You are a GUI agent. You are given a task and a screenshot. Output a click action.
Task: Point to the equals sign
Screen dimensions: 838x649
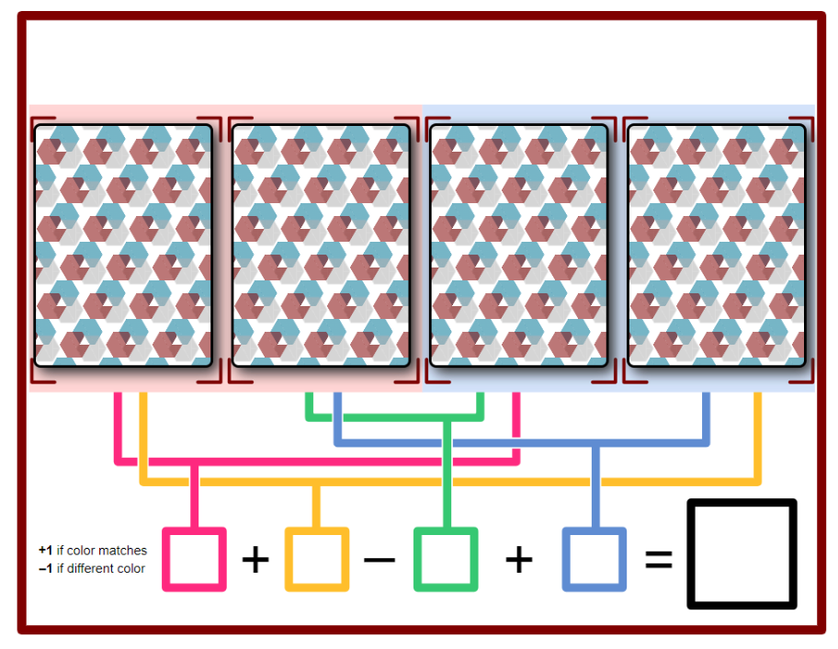[x=659, y=560]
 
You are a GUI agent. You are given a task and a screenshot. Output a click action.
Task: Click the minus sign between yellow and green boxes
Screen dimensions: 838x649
[x=379, y=560]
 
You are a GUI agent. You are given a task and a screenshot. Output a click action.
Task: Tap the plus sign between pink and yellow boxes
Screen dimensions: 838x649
[x=255, y=560]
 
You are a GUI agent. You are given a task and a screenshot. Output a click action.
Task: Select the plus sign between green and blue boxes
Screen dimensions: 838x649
[x=519, y=560]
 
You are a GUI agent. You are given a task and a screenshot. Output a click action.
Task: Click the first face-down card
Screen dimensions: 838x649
[x=123, y=245]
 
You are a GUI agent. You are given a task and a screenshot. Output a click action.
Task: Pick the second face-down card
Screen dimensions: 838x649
[x=322, y=245]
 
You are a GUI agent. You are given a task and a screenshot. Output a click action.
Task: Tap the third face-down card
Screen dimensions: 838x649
[x=519, y=245]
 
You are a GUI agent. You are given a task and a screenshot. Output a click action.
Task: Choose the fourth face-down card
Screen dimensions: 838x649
[x=717, y=245]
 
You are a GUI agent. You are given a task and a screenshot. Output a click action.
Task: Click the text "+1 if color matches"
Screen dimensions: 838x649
[x=93, y=550]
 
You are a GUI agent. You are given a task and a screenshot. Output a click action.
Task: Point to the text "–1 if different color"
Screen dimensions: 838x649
[x=92, y=568]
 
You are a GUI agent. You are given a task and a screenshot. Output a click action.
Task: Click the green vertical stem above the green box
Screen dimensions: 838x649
[x=447, y=474]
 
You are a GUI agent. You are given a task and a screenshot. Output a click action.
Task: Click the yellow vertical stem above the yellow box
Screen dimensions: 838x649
[x=316, y=507]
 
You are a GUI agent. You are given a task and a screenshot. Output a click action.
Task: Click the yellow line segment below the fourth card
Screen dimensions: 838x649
[x=757, y=438]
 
